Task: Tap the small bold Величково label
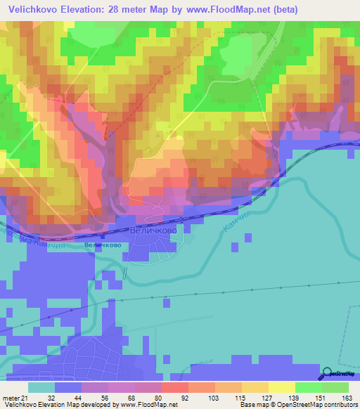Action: point(102,245)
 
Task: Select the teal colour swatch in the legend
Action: point(41,387)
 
